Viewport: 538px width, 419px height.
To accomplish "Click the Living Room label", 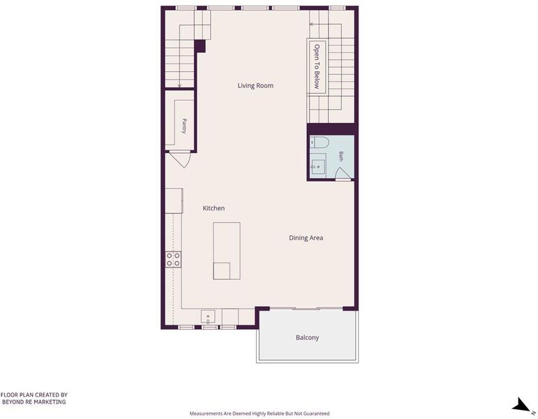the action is [255, 85].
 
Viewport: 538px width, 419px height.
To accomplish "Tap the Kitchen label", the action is [214, 208].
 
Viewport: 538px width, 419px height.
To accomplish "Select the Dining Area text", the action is [306, 237].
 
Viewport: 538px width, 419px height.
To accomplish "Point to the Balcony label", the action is [308, 337].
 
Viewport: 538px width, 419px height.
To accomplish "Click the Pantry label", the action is [184, 126].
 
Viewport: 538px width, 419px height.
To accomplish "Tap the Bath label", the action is [341, 156].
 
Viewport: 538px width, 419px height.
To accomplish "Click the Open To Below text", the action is [317, 66].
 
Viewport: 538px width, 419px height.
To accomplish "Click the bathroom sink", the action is [318, 167].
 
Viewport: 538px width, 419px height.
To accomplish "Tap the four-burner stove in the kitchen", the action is [173, 259].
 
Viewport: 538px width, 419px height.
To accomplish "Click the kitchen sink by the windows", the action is [208, 317].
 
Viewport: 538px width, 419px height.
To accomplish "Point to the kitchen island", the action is [227, 251].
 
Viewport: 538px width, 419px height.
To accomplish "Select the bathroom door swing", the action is [343, 173].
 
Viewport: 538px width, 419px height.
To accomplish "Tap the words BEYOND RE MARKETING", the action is [34, 402].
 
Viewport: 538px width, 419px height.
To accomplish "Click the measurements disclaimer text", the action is [260, 413].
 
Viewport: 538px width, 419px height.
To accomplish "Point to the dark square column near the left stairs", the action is [200, 46].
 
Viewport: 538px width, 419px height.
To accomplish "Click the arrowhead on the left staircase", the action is [179, 85].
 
